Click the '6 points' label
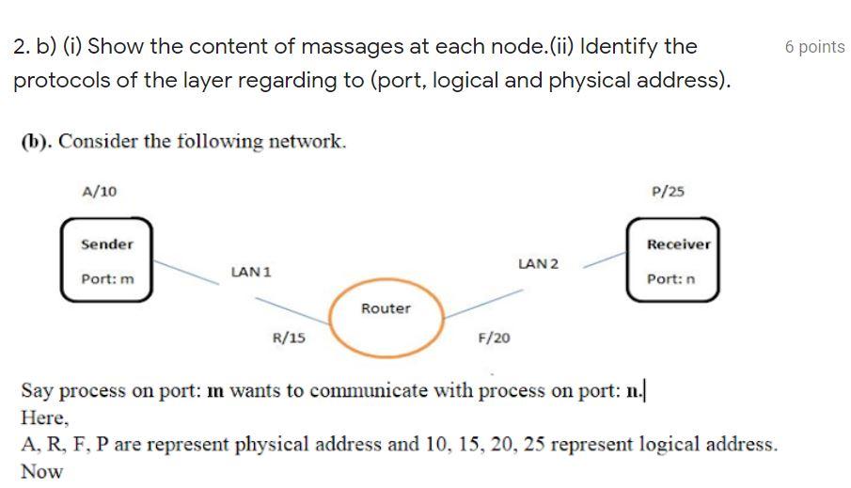814,47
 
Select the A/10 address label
100,192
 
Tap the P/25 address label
668,192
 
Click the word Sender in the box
107,244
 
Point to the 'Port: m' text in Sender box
107,280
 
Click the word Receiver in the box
678,244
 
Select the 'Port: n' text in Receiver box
671,280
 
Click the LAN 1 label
251,272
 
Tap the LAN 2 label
538,263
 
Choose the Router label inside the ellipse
386,308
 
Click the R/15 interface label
288,338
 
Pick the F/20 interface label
495,338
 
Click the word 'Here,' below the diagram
45,417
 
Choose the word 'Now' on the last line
41,472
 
